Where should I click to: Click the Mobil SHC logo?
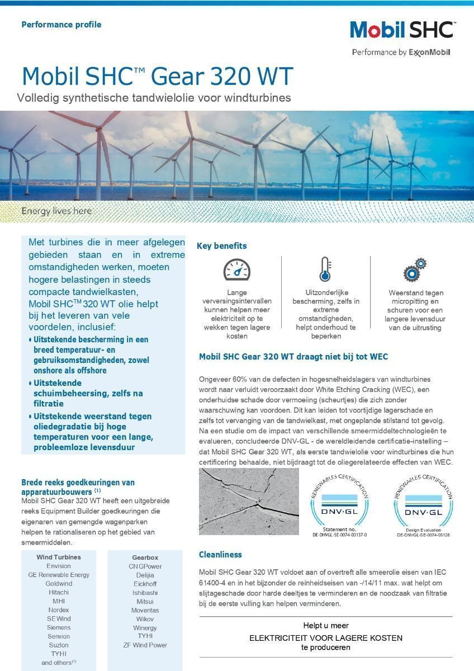402,30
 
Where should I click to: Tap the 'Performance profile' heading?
61,25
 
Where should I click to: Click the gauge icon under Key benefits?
236,270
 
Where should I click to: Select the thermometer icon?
325,270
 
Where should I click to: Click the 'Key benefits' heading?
221,246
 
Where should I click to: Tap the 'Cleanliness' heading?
220,555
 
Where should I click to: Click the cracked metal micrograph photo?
249,501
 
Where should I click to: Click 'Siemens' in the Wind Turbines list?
59,627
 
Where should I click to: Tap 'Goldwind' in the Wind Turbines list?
59,584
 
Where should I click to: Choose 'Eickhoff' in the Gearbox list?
145,584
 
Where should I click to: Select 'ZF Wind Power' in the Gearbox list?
145,645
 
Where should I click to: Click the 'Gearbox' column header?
145,557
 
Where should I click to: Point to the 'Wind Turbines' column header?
59,557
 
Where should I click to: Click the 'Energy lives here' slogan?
56,211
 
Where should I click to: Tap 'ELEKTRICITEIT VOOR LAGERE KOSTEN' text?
325,638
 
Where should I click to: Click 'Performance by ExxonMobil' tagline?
401,53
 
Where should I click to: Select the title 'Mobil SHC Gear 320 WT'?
157,77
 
